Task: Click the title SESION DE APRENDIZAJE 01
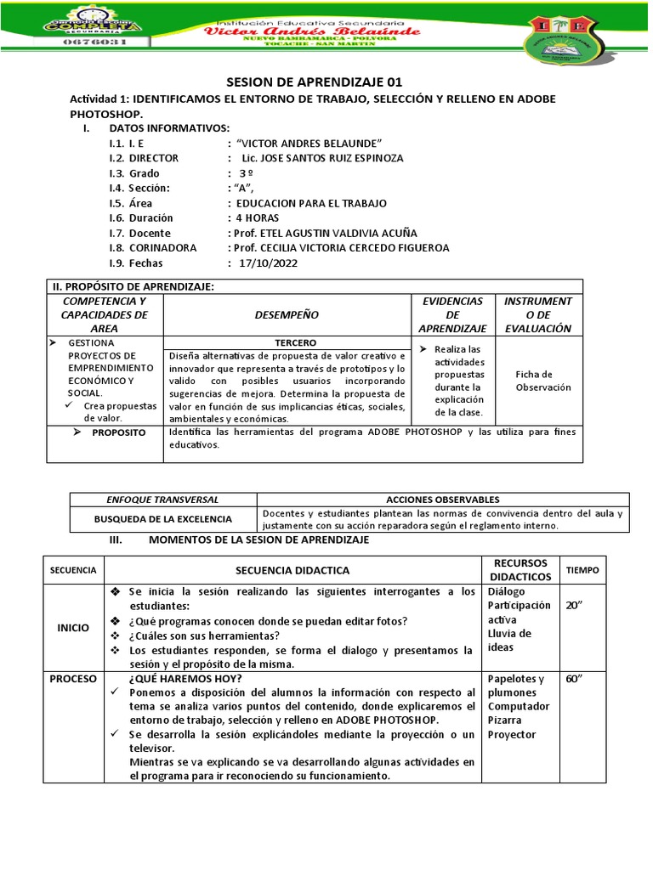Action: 313,82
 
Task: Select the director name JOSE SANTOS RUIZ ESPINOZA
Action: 322,158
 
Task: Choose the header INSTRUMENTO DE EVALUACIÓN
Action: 537,314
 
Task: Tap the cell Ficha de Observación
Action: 537,381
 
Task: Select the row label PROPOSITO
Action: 119,433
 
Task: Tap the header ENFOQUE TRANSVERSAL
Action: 162,500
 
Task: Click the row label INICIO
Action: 73,628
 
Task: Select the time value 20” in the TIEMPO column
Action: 576,606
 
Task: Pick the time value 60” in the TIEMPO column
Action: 576,680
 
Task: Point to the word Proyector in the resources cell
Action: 512,734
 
